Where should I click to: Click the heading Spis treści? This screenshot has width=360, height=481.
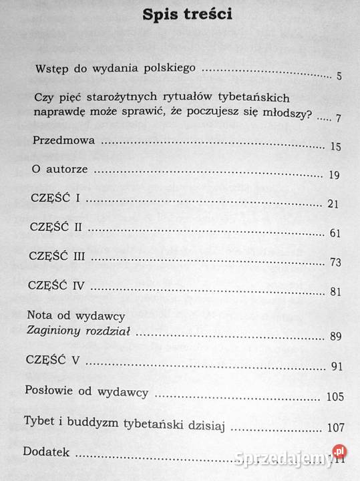point(187,15)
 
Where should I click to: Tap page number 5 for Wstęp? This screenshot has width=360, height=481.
point(339,75)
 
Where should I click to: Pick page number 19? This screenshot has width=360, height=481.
point(335,175)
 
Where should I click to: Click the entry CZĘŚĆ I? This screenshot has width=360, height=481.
point(54,199)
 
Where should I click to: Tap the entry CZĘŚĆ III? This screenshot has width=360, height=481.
point(57,257)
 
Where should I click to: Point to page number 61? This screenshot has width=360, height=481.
point(335,233)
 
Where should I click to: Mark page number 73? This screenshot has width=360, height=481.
point(335,262)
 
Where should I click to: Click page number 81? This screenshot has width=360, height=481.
point(335,291)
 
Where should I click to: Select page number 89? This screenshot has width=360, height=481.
point(335,336)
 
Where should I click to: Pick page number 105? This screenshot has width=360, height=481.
point(335,397)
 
